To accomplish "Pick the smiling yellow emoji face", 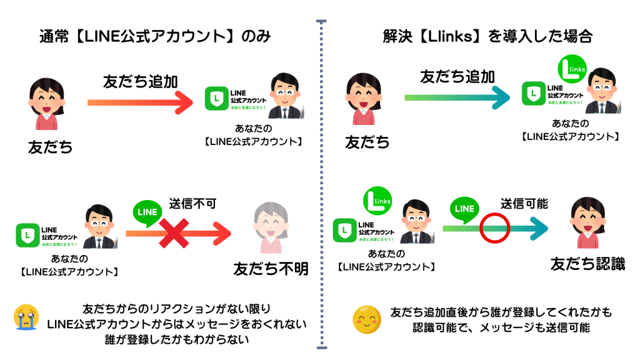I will [366, 319].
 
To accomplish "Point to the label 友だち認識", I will [587, 264].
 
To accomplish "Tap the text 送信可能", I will [524, 203].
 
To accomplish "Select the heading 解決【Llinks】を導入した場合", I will [487, 36].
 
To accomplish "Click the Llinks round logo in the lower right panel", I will [377, 202].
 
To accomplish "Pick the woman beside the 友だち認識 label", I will [586, 223].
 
